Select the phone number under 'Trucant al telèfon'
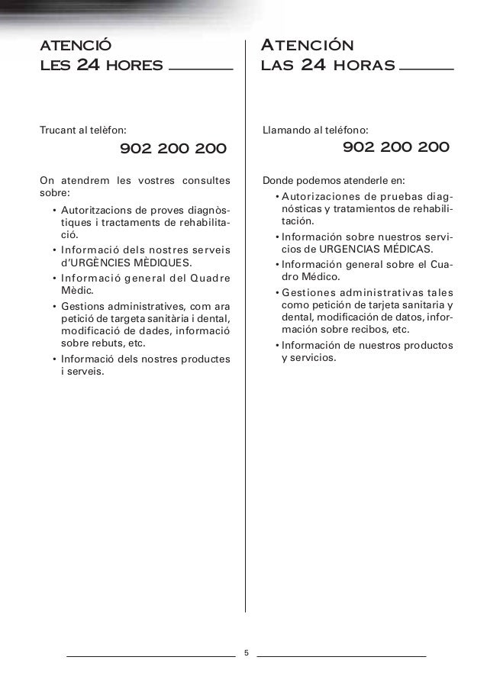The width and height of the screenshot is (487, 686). click(173, 148)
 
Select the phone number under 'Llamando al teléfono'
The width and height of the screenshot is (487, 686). click(396, 147)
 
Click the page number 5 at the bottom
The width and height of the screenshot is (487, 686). click(246, 653)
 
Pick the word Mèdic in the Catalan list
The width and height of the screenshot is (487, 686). click(75, 291)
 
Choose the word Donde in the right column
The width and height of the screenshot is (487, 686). click(276, 182)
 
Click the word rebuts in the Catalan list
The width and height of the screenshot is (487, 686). click(108, 343)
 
